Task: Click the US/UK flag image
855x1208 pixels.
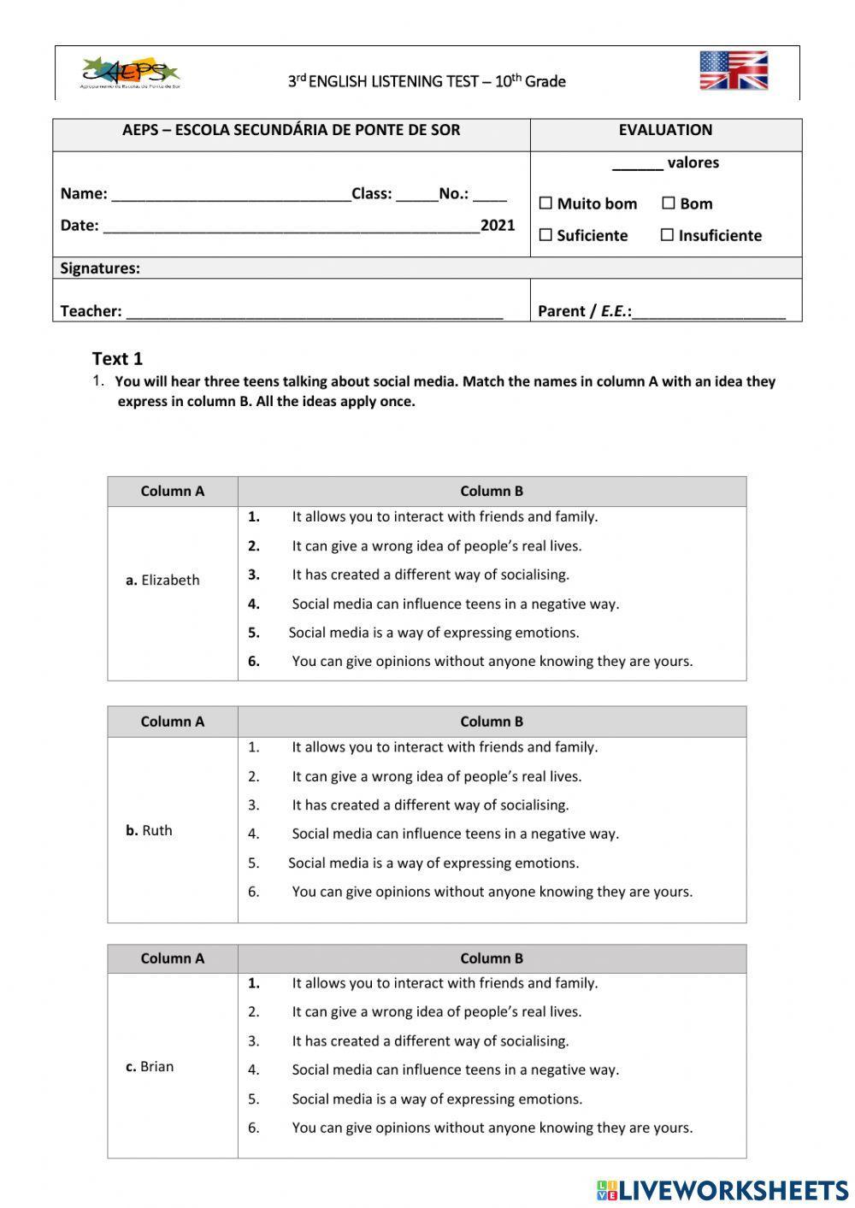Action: pos(733,70)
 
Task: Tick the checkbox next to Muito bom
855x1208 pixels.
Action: pos(545,203)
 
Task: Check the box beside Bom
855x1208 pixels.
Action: pos(668,203)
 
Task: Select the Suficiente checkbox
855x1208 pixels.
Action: pos(545,235)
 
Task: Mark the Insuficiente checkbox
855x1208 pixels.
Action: pos(667,235)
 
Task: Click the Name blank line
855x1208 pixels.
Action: pos(231,195)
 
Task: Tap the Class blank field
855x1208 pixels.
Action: pos(416,195)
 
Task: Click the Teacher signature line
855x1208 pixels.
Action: pos(314,313)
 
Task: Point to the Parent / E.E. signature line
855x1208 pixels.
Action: pos(709,313)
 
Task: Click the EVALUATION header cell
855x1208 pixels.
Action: pos(665,130)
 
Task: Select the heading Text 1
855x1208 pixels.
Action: pos(117,358)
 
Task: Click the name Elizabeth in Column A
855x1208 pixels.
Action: pos(169,580)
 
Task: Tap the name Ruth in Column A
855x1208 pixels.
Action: pos(156,830)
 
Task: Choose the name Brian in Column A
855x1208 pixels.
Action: pos(156,1066)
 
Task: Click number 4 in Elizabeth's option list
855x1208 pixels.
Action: pos(254,604)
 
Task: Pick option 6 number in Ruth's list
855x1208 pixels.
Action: pos(254,892)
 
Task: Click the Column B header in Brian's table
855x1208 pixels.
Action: pos(492,958)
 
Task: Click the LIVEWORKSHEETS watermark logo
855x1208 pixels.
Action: pos(722,1190)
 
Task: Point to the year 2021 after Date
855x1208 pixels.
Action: pos(498,225)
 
